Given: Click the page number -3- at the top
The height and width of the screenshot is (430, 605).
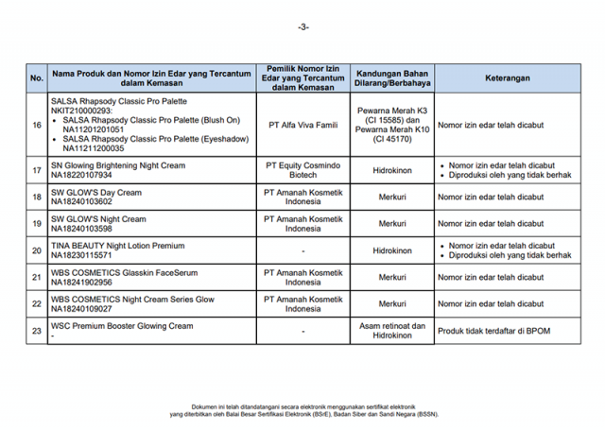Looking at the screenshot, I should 302,26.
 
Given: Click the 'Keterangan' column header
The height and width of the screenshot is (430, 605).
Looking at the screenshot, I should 508,78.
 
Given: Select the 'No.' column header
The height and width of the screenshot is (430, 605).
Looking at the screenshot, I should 36,78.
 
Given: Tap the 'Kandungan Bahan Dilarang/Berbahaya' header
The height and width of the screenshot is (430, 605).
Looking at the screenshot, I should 392,78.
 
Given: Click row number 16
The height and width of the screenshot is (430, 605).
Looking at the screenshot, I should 36,124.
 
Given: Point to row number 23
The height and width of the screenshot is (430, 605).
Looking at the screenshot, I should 36,331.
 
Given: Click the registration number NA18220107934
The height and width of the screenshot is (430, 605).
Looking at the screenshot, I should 81,175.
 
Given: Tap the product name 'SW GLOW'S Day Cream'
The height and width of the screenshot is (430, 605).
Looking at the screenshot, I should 95,192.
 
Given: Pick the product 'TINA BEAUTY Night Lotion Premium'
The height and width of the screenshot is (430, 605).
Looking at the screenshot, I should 117,246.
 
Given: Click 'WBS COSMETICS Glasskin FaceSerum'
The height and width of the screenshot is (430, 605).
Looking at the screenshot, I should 124,272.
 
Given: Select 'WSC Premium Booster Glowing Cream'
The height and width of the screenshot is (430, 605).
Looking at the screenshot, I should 121,326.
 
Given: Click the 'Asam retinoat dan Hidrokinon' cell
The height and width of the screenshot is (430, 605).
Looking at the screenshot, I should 392,331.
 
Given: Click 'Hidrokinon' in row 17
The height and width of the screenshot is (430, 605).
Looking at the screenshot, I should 392,170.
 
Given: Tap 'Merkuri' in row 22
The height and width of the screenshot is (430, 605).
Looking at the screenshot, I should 392,303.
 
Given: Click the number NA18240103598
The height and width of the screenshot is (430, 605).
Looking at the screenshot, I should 81,229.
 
